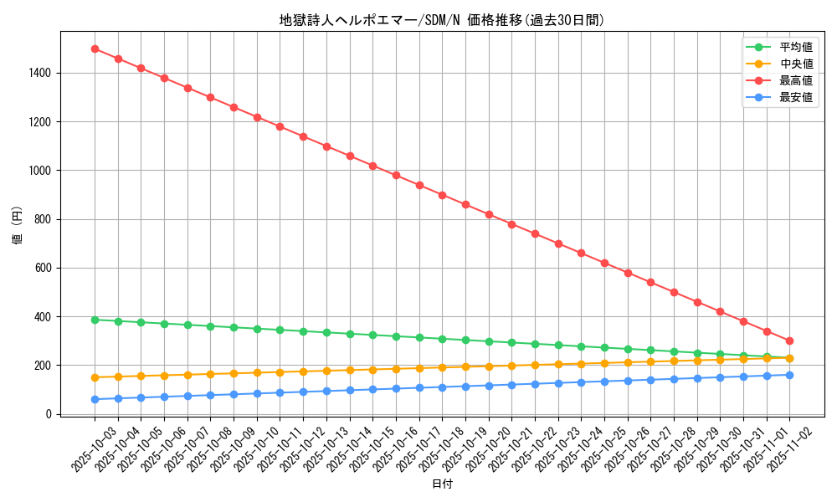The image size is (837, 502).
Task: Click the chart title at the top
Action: click(x=442, y=20)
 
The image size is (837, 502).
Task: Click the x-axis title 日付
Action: click(x=442, y=484)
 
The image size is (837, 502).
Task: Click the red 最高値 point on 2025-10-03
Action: click(x=95, y=49)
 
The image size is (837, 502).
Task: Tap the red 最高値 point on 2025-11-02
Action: click(x=789, y=341)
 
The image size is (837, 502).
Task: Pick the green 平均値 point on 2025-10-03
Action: click(x=95, y=320)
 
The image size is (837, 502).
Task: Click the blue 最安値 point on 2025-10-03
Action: click(x=95, y=399)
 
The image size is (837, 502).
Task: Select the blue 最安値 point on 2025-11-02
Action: click(x=789, y=375)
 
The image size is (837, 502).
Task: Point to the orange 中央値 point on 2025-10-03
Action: click(x=95, y=377)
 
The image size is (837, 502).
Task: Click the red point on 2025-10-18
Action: click(x=442, y=195)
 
